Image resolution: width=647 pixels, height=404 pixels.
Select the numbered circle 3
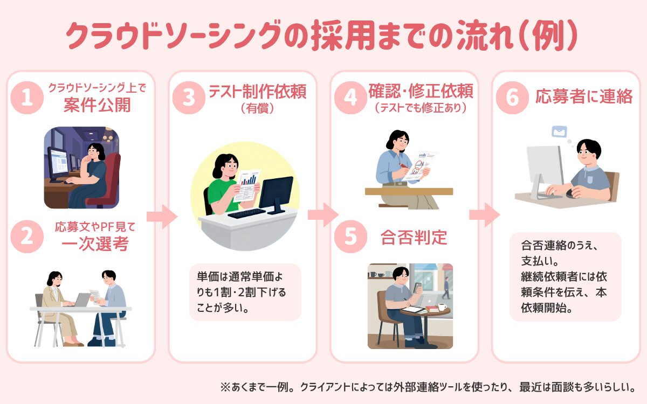click(188, 98)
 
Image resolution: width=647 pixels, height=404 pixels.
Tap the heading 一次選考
click(95, 244)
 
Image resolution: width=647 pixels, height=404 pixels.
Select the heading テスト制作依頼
click(257, 92)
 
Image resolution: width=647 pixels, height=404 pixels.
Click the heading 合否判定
click(414, 237)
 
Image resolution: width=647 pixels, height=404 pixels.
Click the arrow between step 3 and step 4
click(322, 215)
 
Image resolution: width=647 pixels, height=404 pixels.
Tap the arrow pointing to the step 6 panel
click(484, 215)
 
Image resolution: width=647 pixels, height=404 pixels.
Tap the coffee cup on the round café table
click(442, 308)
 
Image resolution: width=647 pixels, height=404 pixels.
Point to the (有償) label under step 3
click(257, 108)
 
